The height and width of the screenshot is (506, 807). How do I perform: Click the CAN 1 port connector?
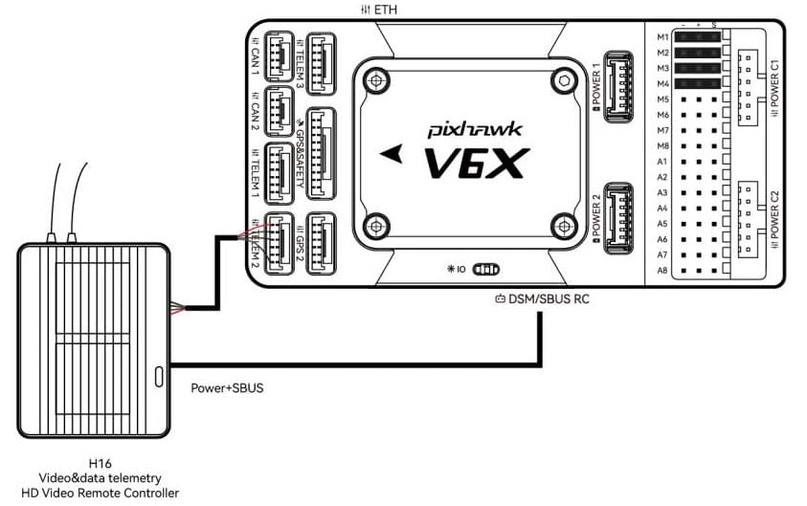coord(279,59)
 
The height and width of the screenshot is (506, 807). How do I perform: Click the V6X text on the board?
coord(476,164)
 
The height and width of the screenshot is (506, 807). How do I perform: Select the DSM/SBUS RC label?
coord(540,298)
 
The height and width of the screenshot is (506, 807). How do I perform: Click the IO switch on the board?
coord(488,270)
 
